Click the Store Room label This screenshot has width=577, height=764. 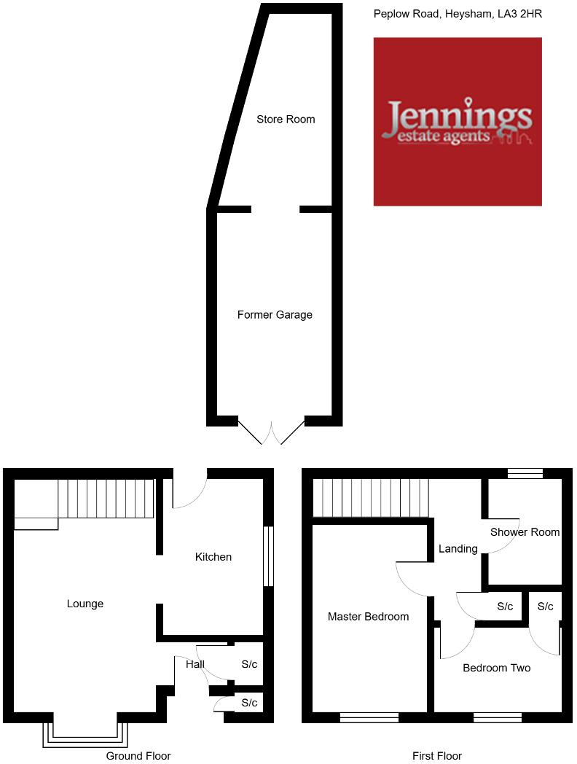(x=286, y=120)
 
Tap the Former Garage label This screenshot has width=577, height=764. (x=275, y=315)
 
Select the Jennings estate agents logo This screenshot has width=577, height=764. (x=458, y=122)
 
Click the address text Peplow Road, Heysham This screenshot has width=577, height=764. (x=458, y=14)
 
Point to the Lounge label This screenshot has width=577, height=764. (x=85, y=604)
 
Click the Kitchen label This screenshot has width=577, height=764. (x=213, y=557)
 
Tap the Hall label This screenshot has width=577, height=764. (x=195, y=664)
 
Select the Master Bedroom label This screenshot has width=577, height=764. (x=368, y=617)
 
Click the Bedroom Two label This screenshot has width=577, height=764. (x=496, y=668)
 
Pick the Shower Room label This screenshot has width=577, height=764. (x=525, y=532)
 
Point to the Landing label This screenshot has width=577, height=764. (x=458, y=548)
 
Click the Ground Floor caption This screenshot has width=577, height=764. (x=138, y=756)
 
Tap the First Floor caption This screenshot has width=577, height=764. (x=437, y=756)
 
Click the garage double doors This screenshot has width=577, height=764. (x=271, y=432)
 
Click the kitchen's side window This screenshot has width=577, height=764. (x=268, y=556)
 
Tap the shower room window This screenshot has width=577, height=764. (x=525, y=474)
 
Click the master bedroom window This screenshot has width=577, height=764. (x=369, y=718)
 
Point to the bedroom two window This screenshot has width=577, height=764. (x=498, y=718)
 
